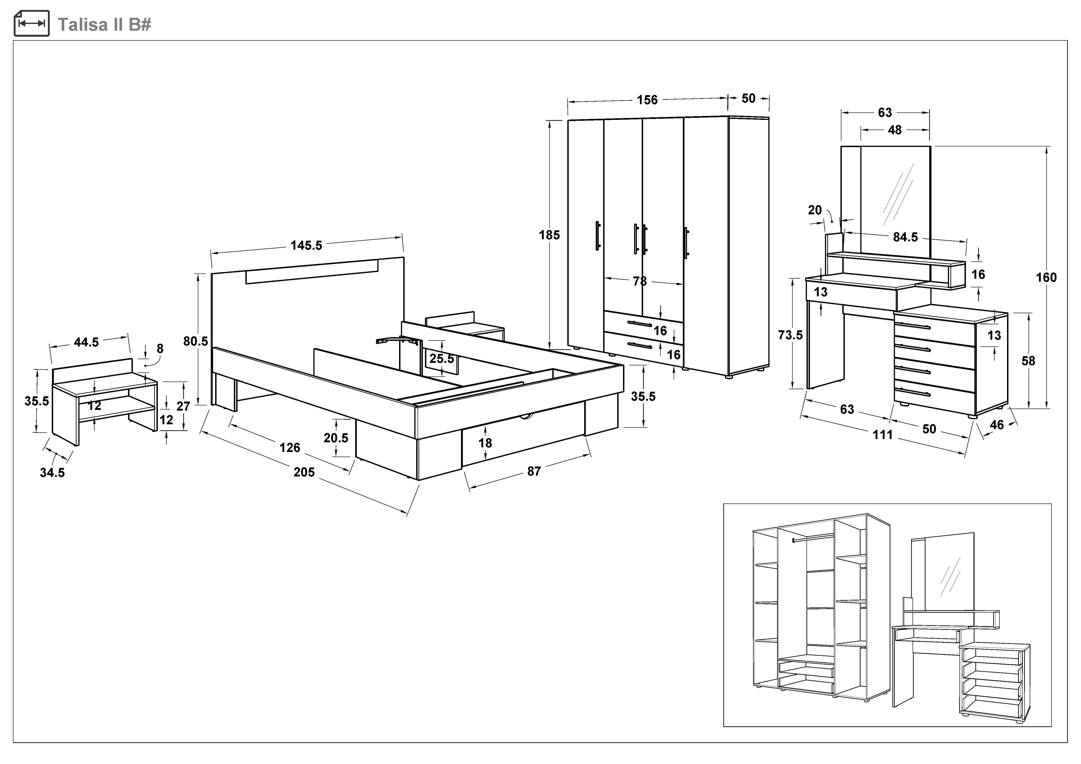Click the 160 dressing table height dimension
coord(1046,278)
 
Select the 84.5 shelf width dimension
coord(905,237)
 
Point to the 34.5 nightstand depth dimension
coord(52,472)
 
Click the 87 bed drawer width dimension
coord(534,471)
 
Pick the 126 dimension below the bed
coord(290,447)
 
